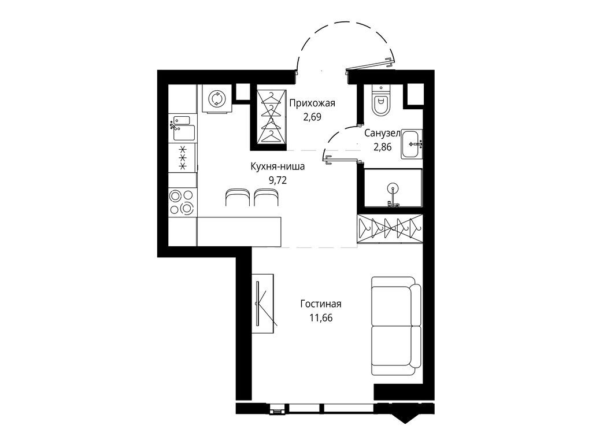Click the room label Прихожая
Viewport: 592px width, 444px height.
coord(312,103)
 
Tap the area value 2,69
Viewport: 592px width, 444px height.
coord(312,116)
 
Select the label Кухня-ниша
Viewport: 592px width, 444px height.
coord(277,166)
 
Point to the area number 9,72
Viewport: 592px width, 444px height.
coord(277,179)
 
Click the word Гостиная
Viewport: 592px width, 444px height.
coord(321,304)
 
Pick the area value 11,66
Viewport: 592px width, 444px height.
coord(321,317)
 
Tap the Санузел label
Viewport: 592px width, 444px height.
coord(382,134)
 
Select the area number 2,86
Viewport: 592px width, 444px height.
coord(382,147)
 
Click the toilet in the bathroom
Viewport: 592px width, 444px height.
coord(380,101)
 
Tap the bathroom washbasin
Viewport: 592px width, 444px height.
coord(412,143)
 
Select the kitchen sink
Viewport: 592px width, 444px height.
coord(183,128)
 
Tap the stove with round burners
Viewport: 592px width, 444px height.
coord(182,202)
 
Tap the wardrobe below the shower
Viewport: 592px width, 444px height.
coord(389,228)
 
